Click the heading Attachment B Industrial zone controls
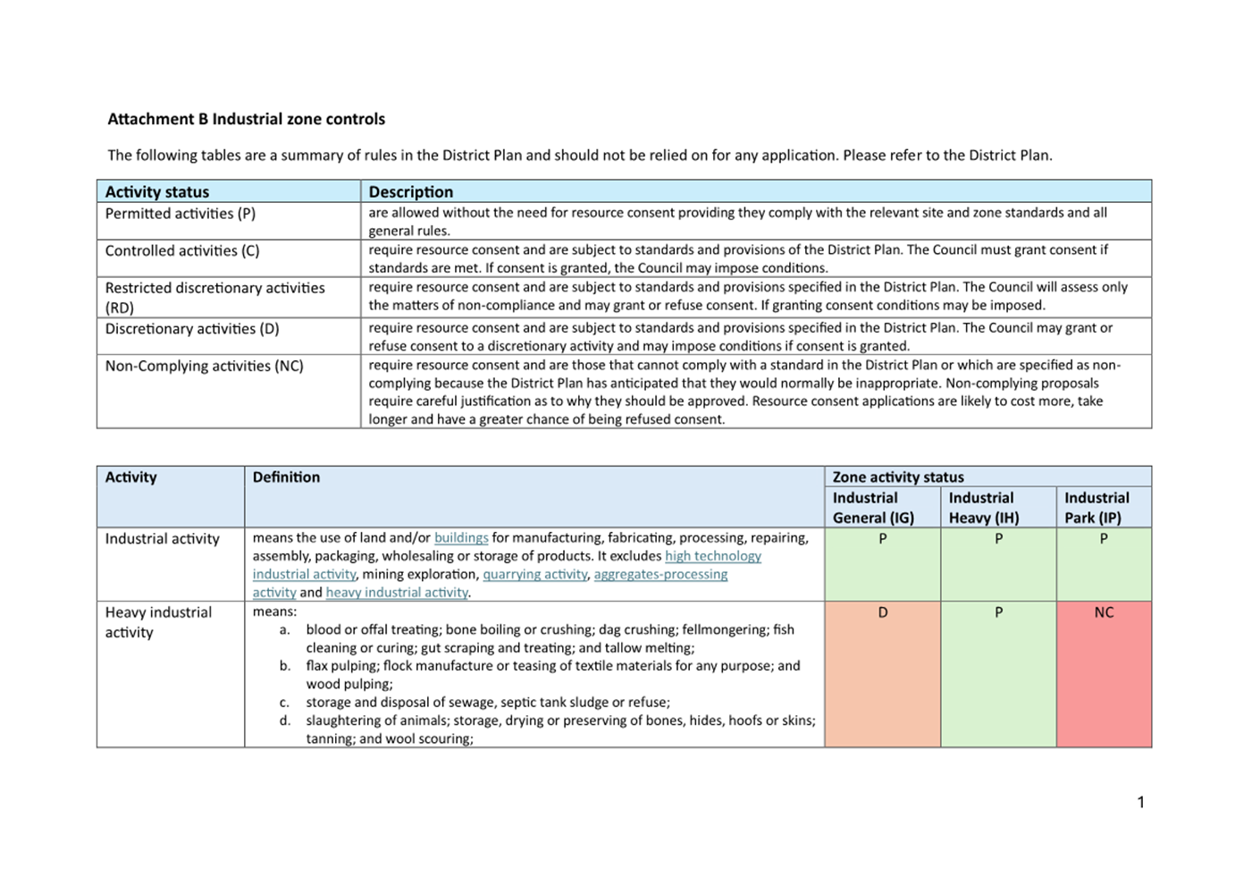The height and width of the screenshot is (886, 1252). [x=246, y=119]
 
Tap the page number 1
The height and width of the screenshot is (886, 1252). [x=1140, y=802]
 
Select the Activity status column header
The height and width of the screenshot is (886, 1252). [x=157, y=191]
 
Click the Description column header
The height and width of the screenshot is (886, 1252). [x=410, y=191]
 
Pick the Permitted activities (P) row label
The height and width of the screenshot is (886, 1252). [x=181, y=214]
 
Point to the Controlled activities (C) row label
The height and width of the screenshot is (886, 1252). [x=182, y=251]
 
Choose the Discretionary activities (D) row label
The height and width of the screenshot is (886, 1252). [x=192, y=329]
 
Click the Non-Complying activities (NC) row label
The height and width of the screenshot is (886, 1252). [x=204, y=366]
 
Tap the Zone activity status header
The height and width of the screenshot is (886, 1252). [x=898, y=477]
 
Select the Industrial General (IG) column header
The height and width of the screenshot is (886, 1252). [x=873, y=508]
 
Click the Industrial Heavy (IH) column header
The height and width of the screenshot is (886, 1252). [x=983, y=508]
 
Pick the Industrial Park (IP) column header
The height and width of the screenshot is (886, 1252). [x=1097, y=508]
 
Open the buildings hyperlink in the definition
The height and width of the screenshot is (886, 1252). [x=461, y=538]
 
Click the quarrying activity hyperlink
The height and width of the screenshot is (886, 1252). [x=534, y=574]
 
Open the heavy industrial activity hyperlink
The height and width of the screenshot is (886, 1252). [x=397, y=592]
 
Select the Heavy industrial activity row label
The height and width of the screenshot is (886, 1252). [x=158, y=622]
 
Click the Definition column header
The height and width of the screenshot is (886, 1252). [x=286, y=477]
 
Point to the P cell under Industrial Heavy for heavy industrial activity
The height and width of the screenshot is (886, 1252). [x=998, y=613]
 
